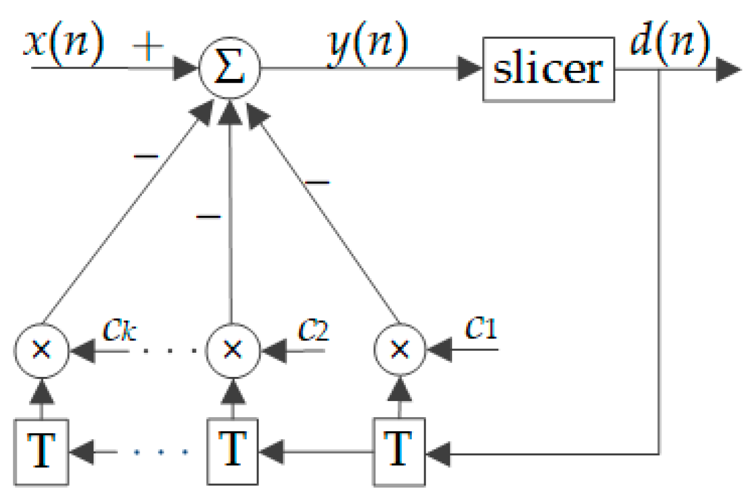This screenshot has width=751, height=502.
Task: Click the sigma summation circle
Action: pos(230,68)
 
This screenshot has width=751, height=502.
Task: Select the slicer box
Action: pos(548,69)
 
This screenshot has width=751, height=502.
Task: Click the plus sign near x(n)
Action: pos(148,46)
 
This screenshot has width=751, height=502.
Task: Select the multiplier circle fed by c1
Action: pos(399,350)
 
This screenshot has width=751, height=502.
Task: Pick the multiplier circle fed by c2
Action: pos(233,350)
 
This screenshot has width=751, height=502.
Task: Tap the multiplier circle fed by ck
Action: pos(41,350)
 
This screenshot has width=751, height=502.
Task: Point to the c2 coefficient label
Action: pos(313,330)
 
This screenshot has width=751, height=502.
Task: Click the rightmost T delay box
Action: pos(399,452)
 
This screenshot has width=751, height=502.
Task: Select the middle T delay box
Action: pos(233,451)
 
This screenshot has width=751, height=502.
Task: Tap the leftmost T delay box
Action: pos(41,452)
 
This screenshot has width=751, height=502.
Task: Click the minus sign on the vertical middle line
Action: pos(209,217)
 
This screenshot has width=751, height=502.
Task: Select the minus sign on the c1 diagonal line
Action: pos(317,183)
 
